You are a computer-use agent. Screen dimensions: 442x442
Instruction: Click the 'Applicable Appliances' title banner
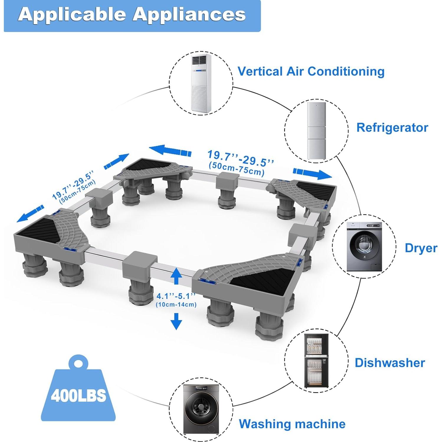tap(132, 15)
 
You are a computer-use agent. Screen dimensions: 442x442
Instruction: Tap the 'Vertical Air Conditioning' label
tap(311, 71)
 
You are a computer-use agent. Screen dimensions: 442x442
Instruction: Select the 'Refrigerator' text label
tap(392, 127)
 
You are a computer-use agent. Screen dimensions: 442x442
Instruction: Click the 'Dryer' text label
tap(421, 248)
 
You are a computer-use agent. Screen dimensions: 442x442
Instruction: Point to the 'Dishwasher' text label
tap(390, 363)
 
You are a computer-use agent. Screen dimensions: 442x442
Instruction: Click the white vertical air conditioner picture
tap(201, 83)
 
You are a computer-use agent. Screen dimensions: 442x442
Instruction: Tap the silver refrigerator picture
tap(316, 130)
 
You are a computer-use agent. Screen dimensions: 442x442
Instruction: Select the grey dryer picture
tap(364, 247)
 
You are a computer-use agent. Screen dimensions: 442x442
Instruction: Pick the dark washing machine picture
tap(201, 409)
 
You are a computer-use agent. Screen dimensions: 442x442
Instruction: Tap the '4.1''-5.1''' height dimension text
tap(176, 296)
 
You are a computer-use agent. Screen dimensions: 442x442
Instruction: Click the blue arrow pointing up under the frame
tap(176, 276)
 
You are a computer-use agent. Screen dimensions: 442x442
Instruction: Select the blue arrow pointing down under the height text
tap(176, 321)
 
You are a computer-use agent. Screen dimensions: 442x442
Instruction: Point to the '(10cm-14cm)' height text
tap(176, 305)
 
